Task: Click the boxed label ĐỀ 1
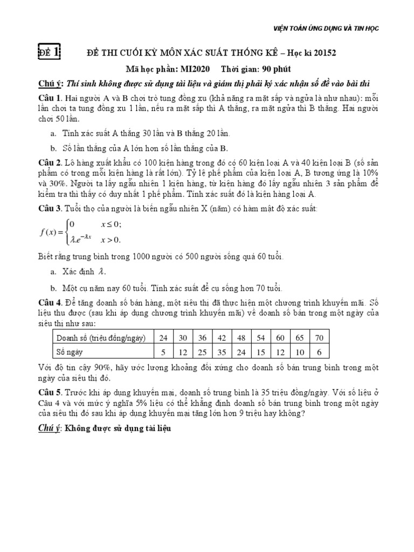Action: pyautogui.click(x=50, y=52)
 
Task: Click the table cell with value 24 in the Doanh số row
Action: pyautogui.click(x=164, y=338)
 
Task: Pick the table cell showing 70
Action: pyautogui.click(x=319, y=338)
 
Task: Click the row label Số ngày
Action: pyautogui.click(x=71, y=352)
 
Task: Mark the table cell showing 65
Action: pyautogui.click(x=299, y=338)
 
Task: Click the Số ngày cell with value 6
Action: pyautogui.click(x=319, y=352)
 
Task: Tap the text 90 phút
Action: pyautogui.click(x=277, y=70)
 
